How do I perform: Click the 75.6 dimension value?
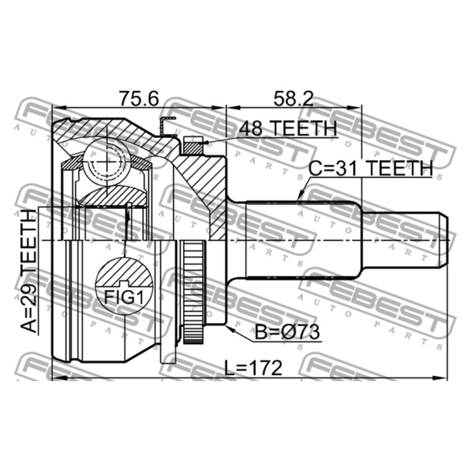pos(139,98)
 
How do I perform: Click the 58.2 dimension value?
pos(293,98)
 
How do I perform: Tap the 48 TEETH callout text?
pos(288,128)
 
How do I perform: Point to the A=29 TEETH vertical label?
pos(28,271)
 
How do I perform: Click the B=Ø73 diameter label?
pos(287,332)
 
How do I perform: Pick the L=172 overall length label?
pos(253,368)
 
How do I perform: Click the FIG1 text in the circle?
pos(124,297)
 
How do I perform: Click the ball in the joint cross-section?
pos(107,161)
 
